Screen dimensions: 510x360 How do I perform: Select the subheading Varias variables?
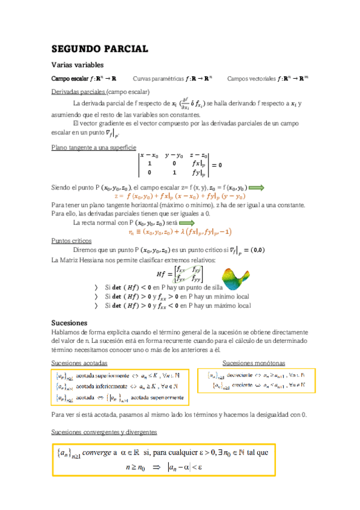pos(78,64)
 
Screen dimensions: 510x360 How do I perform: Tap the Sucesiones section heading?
pos(70,323)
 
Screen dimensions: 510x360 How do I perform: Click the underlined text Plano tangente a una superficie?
pos(94,147)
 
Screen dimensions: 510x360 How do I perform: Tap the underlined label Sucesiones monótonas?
pos(254,363)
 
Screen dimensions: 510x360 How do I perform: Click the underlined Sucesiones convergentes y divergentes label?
pos(105,432)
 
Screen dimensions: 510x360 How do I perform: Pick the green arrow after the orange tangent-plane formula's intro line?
pos(256,188)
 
